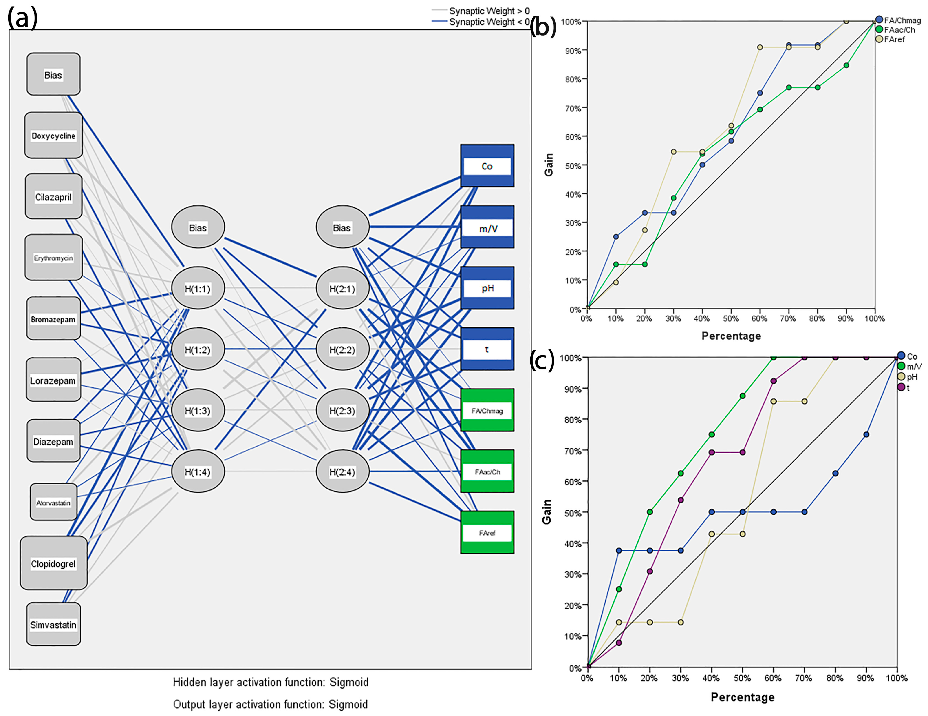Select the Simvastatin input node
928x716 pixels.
53,624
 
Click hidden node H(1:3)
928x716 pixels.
198,410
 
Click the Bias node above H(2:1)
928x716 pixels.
342,227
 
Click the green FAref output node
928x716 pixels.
487,532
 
